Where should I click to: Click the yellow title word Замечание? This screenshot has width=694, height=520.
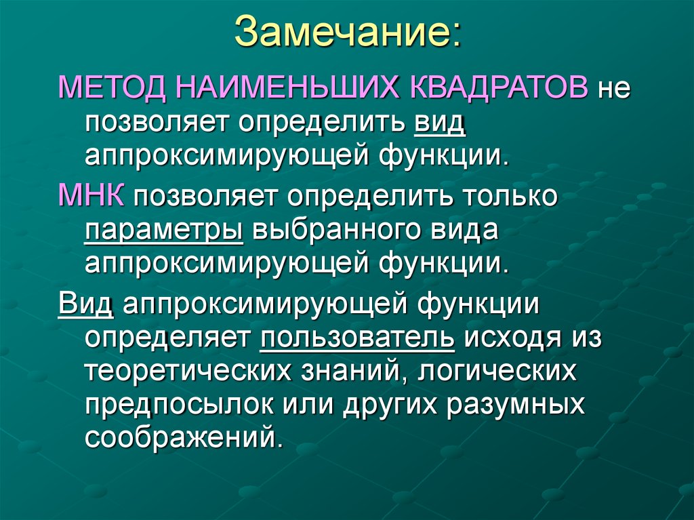point(342,31)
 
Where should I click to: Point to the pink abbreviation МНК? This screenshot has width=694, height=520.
point(91,195)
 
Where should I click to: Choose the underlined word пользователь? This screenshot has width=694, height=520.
point(357,338)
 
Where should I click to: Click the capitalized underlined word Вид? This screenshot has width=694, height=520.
point(86,304)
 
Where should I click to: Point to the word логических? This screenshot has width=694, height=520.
point(497,371)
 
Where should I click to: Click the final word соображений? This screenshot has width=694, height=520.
point(184,436)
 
